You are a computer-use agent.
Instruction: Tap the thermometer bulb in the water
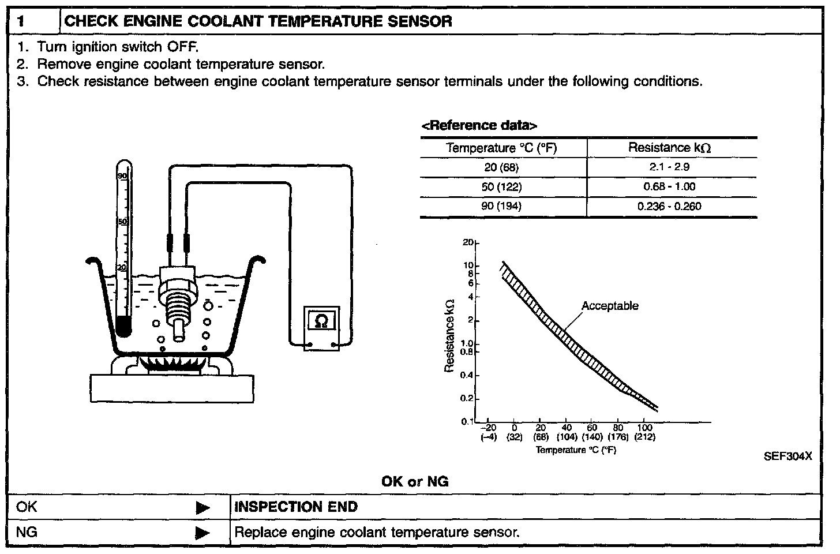pyautogui.click(x=122, y=328)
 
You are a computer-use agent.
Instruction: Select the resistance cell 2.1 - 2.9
pyautogui.click(x=670, y=167)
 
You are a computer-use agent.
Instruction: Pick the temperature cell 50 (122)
pyautogui.click(x=502, y=187)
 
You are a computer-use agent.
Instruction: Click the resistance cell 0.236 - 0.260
pyautogui.click(x=670, y=207)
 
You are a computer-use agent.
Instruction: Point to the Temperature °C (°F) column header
pyautogui.click(x=502, y=148)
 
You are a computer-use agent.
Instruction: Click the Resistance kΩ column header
pyautogui.click(x=670, y=148)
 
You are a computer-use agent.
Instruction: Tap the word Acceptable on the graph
pyautogui.click(x=610, y=306)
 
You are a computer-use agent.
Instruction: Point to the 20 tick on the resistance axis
pyautogui.click(x=467, y=243)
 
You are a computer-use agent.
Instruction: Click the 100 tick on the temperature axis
pyautogui.click(x=644, y=428)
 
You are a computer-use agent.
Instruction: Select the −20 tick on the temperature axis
pyautogui.click(x=489, y=428)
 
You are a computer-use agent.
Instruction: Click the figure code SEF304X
pyautogui.click(x=788, y=456)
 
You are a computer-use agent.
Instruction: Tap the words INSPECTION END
pyautogui.click(x=296, y=507)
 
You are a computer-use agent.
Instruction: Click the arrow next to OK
pyautogui.click(x=202, y=508)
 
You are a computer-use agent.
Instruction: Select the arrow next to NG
pyautogui.click(x=202, y=533)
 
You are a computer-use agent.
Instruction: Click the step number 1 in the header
pyautogui.click(x=21, y=22)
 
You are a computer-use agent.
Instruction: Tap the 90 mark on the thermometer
pyautogui.click(x=122, y=175)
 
